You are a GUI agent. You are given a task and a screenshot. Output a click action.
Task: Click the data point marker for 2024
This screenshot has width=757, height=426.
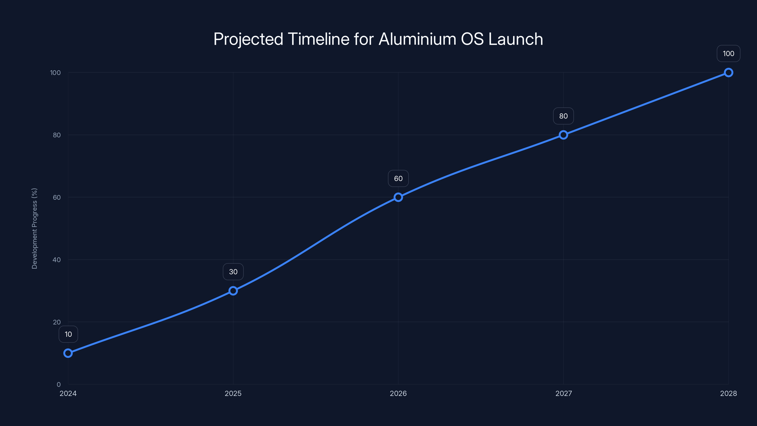(68, 353)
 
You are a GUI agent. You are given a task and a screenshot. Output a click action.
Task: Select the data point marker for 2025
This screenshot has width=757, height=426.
(233, 291)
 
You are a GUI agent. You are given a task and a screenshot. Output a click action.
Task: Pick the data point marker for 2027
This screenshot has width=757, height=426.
(563, 135)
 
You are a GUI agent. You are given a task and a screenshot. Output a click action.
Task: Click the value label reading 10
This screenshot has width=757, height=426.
(68, 334)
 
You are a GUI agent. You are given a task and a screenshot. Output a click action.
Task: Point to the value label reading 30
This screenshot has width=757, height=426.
(233, 272)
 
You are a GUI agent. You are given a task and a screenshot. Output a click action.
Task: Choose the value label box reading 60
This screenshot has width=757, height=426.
(398, 178)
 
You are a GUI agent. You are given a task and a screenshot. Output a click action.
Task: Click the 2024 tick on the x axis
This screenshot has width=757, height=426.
(68, 393)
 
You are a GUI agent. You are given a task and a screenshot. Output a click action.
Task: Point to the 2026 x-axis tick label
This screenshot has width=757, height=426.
(398, 393)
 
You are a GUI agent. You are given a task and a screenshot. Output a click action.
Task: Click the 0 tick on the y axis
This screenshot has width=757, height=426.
(59, 384)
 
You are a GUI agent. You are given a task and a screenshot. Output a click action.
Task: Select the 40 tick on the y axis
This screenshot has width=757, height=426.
(57, 260)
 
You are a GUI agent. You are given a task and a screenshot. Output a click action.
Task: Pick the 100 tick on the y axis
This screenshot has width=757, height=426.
(55, 73)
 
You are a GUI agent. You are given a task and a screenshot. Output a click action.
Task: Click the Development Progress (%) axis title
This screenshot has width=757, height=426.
(34, 228)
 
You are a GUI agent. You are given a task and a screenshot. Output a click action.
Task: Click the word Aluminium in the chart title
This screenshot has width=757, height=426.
(417, 39)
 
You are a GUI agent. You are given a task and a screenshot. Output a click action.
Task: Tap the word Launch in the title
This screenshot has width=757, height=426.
(515, 39)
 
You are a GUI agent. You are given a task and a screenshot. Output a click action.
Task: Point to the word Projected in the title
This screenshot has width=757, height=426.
(248, 39)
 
